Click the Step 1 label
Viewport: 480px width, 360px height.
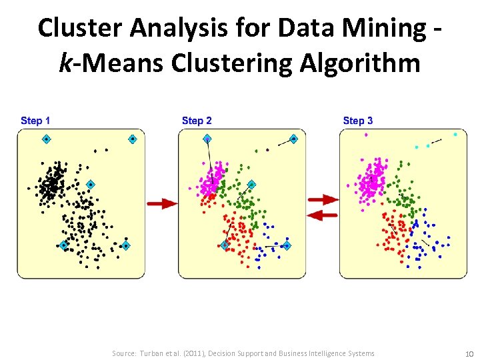(35, 121)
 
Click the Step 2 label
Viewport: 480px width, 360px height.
(197, 121)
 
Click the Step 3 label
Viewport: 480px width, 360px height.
(358, 121)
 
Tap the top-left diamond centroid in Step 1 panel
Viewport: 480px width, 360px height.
(47, 139)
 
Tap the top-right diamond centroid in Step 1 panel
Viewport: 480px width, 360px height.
(132, 139)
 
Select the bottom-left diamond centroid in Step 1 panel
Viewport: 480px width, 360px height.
(63, 245)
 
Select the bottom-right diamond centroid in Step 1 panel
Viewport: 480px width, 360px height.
(125, 245)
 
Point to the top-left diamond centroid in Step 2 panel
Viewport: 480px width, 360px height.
(207, 139)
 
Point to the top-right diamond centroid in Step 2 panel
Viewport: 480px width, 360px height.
(293, 139)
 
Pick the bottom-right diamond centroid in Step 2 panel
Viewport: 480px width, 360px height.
(287, 245)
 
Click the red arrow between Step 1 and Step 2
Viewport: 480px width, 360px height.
(162, 203)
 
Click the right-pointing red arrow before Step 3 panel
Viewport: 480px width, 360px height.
(323, 199)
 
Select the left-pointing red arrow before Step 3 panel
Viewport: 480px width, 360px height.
(323, 214)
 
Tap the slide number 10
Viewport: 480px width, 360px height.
(469, 353)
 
